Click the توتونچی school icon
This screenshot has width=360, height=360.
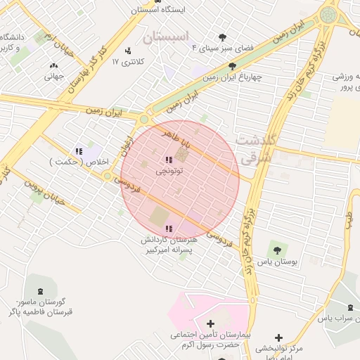(x=168, y=160)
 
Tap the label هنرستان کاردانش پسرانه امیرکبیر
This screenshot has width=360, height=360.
(x=169, y=245)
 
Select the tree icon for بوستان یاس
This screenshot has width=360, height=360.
(x=276, y=249)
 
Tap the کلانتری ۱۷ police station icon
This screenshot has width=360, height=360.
(x=127, y=51)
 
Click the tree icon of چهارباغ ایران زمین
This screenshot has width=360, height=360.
(x=232, y=66)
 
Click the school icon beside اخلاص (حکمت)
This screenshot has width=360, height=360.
(x=79, y=151)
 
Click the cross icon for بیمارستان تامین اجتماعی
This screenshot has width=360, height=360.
(x=210, y=323)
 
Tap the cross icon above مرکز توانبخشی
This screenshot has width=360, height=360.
(x=279, y=338)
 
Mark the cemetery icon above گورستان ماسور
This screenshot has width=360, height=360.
(x=39, y=290)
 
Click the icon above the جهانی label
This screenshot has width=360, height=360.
(x=53, y=67)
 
